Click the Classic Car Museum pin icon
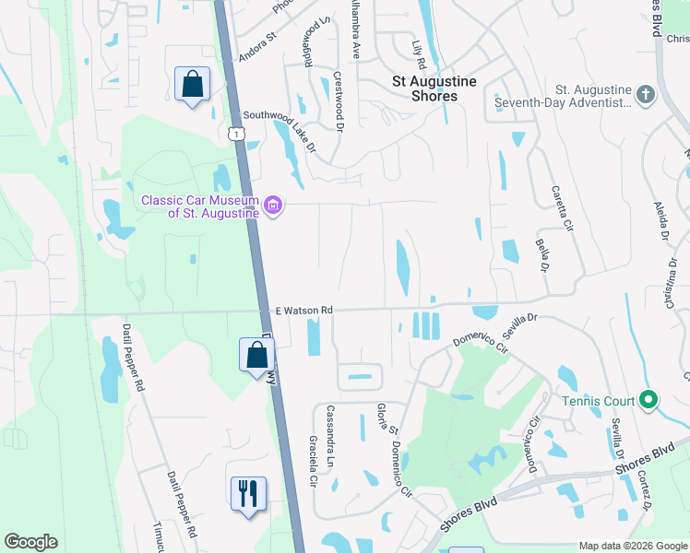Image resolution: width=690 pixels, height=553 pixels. tap(273, 205)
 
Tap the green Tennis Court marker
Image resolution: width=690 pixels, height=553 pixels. tap(648, 400)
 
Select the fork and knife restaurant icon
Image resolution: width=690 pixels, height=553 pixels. tap(248, 493)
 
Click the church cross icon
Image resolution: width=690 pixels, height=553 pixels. tap(646, 94)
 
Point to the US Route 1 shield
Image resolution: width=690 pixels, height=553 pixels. tap(237, 135)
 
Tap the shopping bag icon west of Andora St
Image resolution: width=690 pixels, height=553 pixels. tap(192, 85)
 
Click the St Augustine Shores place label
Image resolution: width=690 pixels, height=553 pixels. tap(434, 88)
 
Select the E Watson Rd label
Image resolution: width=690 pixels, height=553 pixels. tap(303, 312)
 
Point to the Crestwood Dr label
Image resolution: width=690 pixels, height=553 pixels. tap(337, 104)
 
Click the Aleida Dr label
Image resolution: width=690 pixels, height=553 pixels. tap(660, 222)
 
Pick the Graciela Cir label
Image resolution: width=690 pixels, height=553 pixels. tap(313, 460)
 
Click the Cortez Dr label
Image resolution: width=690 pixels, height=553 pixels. tap(645, 493)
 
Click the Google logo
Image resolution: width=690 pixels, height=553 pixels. tap(30, 542)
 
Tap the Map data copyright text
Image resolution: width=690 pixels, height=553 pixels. tap(632, 546)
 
